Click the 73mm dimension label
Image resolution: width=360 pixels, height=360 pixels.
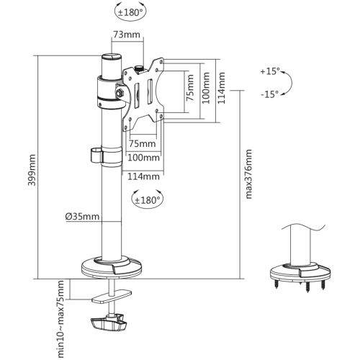127,35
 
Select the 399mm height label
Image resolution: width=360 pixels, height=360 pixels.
32,170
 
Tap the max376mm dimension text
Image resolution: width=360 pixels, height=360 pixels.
249,174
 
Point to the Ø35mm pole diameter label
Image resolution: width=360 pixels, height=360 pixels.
82,217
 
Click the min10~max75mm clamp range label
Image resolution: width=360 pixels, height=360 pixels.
61,319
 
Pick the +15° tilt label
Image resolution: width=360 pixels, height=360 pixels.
270,71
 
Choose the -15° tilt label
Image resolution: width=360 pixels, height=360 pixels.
270,94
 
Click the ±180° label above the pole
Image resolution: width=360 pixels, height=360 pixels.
130,12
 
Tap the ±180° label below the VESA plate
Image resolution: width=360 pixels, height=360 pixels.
148,199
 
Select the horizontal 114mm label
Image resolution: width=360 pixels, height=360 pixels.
143,176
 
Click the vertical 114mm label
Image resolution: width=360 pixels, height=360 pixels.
221,88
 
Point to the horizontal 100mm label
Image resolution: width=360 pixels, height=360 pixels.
143,158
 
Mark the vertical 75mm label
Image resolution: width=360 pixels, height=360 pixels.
190,88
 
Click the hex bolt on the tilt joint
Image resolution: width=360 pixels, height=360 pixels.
120,92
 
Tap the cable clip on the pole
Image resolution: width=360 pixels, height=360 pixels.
96,156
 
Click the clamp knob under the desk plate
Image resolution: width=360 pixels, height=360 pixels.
109,323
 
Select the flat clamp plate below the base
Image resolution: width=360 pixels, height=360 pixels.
112,296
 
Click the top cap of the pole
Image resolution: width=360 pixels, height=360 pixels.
112,58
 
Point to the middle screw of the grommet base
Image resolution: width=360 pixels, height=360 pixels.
307,287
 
